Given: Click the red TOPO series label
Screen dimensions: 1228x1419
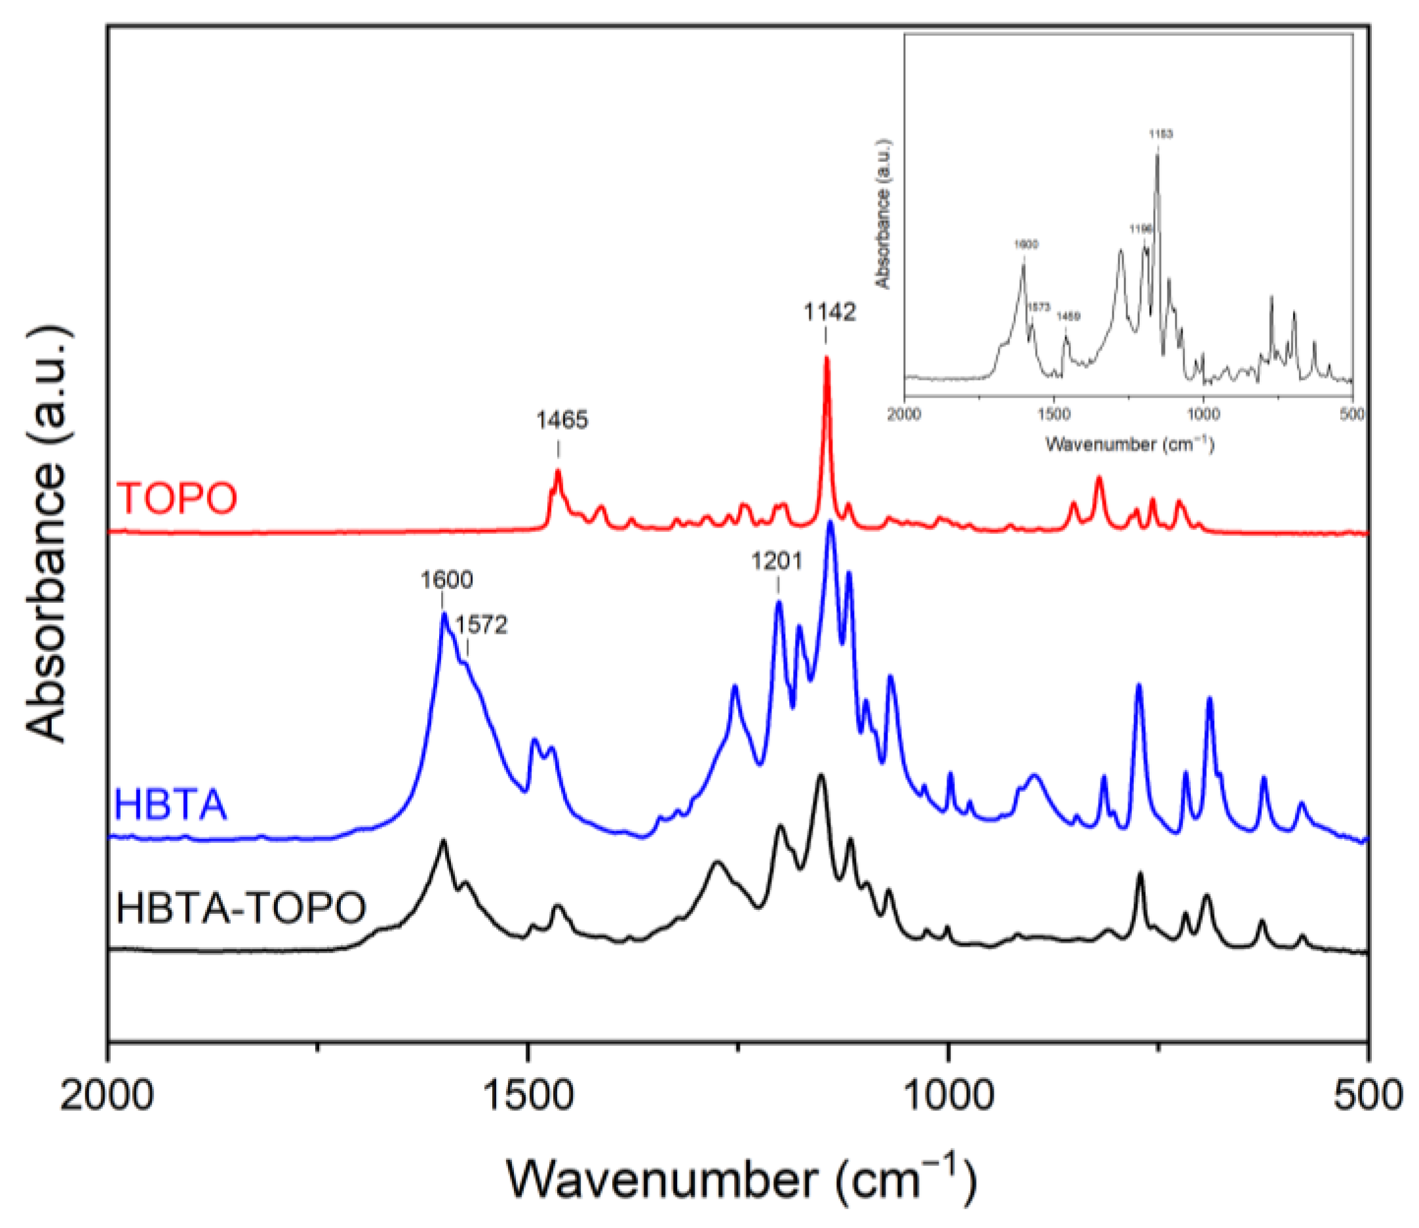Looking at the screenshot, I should [178, 498].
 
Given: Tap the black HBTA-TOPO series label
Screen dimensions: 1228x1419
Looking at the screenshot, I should [241, 909].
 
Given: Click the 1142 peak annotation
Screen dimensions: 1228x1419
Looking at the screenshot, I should [829, 312].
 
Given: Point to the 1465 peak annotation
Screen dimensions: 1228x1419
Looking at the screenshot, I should [562, 420].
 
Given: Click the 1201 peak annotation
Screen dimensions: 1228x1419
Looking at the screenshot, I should [777, 562].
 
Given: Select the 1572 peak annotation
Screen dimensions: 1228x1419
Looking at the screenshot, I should [482, 625].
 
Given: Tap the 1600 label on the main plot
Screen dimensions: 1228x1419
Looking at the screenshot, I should [446, 581].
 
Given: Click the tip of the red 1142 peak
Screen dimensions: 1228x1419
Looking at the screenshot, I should [826, 358].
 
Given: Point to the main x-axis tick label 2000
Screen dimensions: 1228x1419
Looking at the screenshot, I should [107, 1095].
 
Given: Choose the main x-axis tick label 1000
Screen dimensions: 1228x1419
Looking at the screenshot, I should [948, 1095].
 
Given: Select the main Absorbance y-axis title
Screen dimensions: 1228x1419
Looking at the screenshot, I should [47, 535].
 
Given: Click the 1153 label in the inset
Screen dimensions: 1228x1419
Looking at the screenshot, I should [1160, 134].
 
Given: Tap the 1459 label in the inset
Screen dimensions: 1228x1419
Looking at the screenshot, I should [1068, 317].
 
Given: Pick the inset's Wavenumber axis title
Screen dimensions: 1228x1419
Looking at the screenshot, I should [1129, 444].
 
